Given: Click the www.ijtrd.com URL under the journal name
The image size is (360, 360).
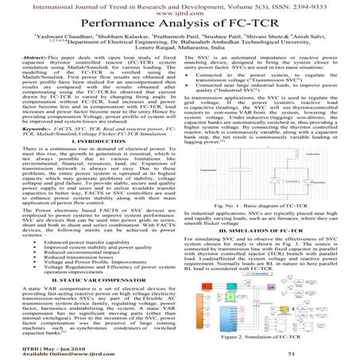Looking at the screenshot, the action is [x=180, y=16].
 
